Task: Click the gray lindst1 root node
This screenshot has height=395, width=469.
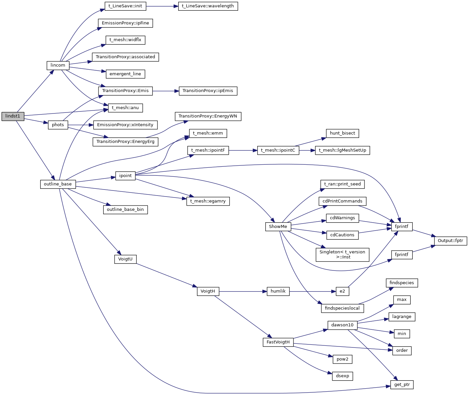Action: click(13, 116)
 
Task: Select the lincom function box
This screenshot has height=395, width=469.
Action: click(58, 65)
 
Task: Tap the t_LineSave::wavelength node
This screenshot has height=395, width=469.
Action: click(208, 6)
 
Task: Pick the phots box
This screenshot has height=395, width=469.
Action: click(58, 125)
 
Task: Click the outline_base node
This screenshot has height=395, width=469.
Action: click(58, 184)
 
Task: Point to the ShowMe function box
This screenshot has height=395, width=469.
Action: click(278, 227)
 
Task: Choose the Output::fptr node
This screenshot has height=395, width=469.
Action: click(450, 241)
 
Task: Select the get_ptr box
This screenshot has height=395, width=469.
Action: click(402, 385)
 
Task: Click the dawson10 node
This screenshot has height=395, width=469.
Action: click(342, 325)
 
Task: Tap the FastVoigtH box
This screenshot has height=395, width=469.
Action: click(278, 342)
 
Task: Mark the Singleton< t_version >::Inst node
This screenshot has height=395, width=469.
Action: click(342, 254)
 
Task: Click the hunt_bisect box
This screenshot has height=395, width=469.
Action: click(342, 133)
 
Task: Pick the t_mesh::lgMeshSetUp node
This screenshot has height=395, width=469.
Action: click(342, 150)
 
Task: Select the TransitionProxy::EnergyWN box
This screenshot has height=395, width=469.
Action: click(208, 116)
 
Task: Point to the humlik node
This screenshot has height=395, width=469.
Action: click(278, 291)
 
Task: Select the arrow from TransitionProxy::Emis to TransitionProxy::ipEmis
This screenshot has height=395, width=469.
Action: click(166, 91)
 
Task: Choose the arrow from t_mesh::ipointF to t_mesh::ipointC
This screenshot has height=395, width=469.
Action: click(243, 150)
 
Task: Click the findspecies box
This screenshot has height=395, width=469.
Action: click(402, 283)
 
